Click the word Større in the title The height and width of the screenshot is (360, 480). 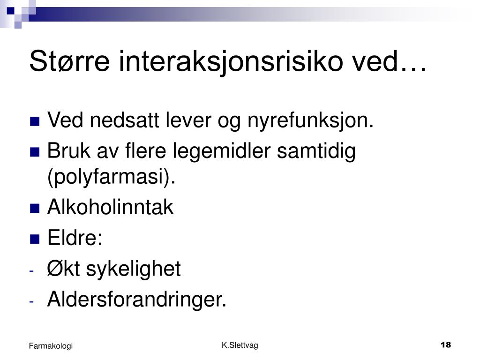pos(69,61)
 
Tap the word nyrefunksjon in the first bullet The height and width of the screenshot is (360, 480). pos(310,120)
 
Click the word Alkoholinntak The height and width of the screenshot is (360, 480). pos(111,207)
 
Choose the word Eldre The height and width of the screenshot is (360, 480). pos(75,238)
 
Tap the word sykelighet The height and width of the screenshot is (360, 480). pos(134,270)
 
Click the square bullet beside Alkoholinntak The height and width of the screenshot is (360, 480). pos(35,209)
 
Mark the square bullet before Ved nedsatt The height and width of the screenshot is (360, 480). pos(35,121)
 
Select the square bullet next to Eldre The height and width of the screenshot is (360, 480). pos(35,239)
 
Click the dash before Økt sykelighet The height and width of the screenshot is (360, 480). pos(31,271)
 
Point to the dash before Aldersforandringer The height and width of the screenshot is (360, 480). pos(31,302)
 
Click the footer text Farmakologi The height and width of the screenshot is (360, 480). pos(51,346)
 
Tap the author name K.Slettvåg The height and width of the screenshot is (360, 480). pos(240,345)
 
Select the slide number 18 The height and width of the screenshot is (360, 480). pos(446,345)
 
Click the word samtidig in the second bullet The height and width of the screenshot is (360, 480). pos(316,151)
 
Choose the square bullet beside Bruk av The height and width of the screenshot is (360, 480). pos(35,152)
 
